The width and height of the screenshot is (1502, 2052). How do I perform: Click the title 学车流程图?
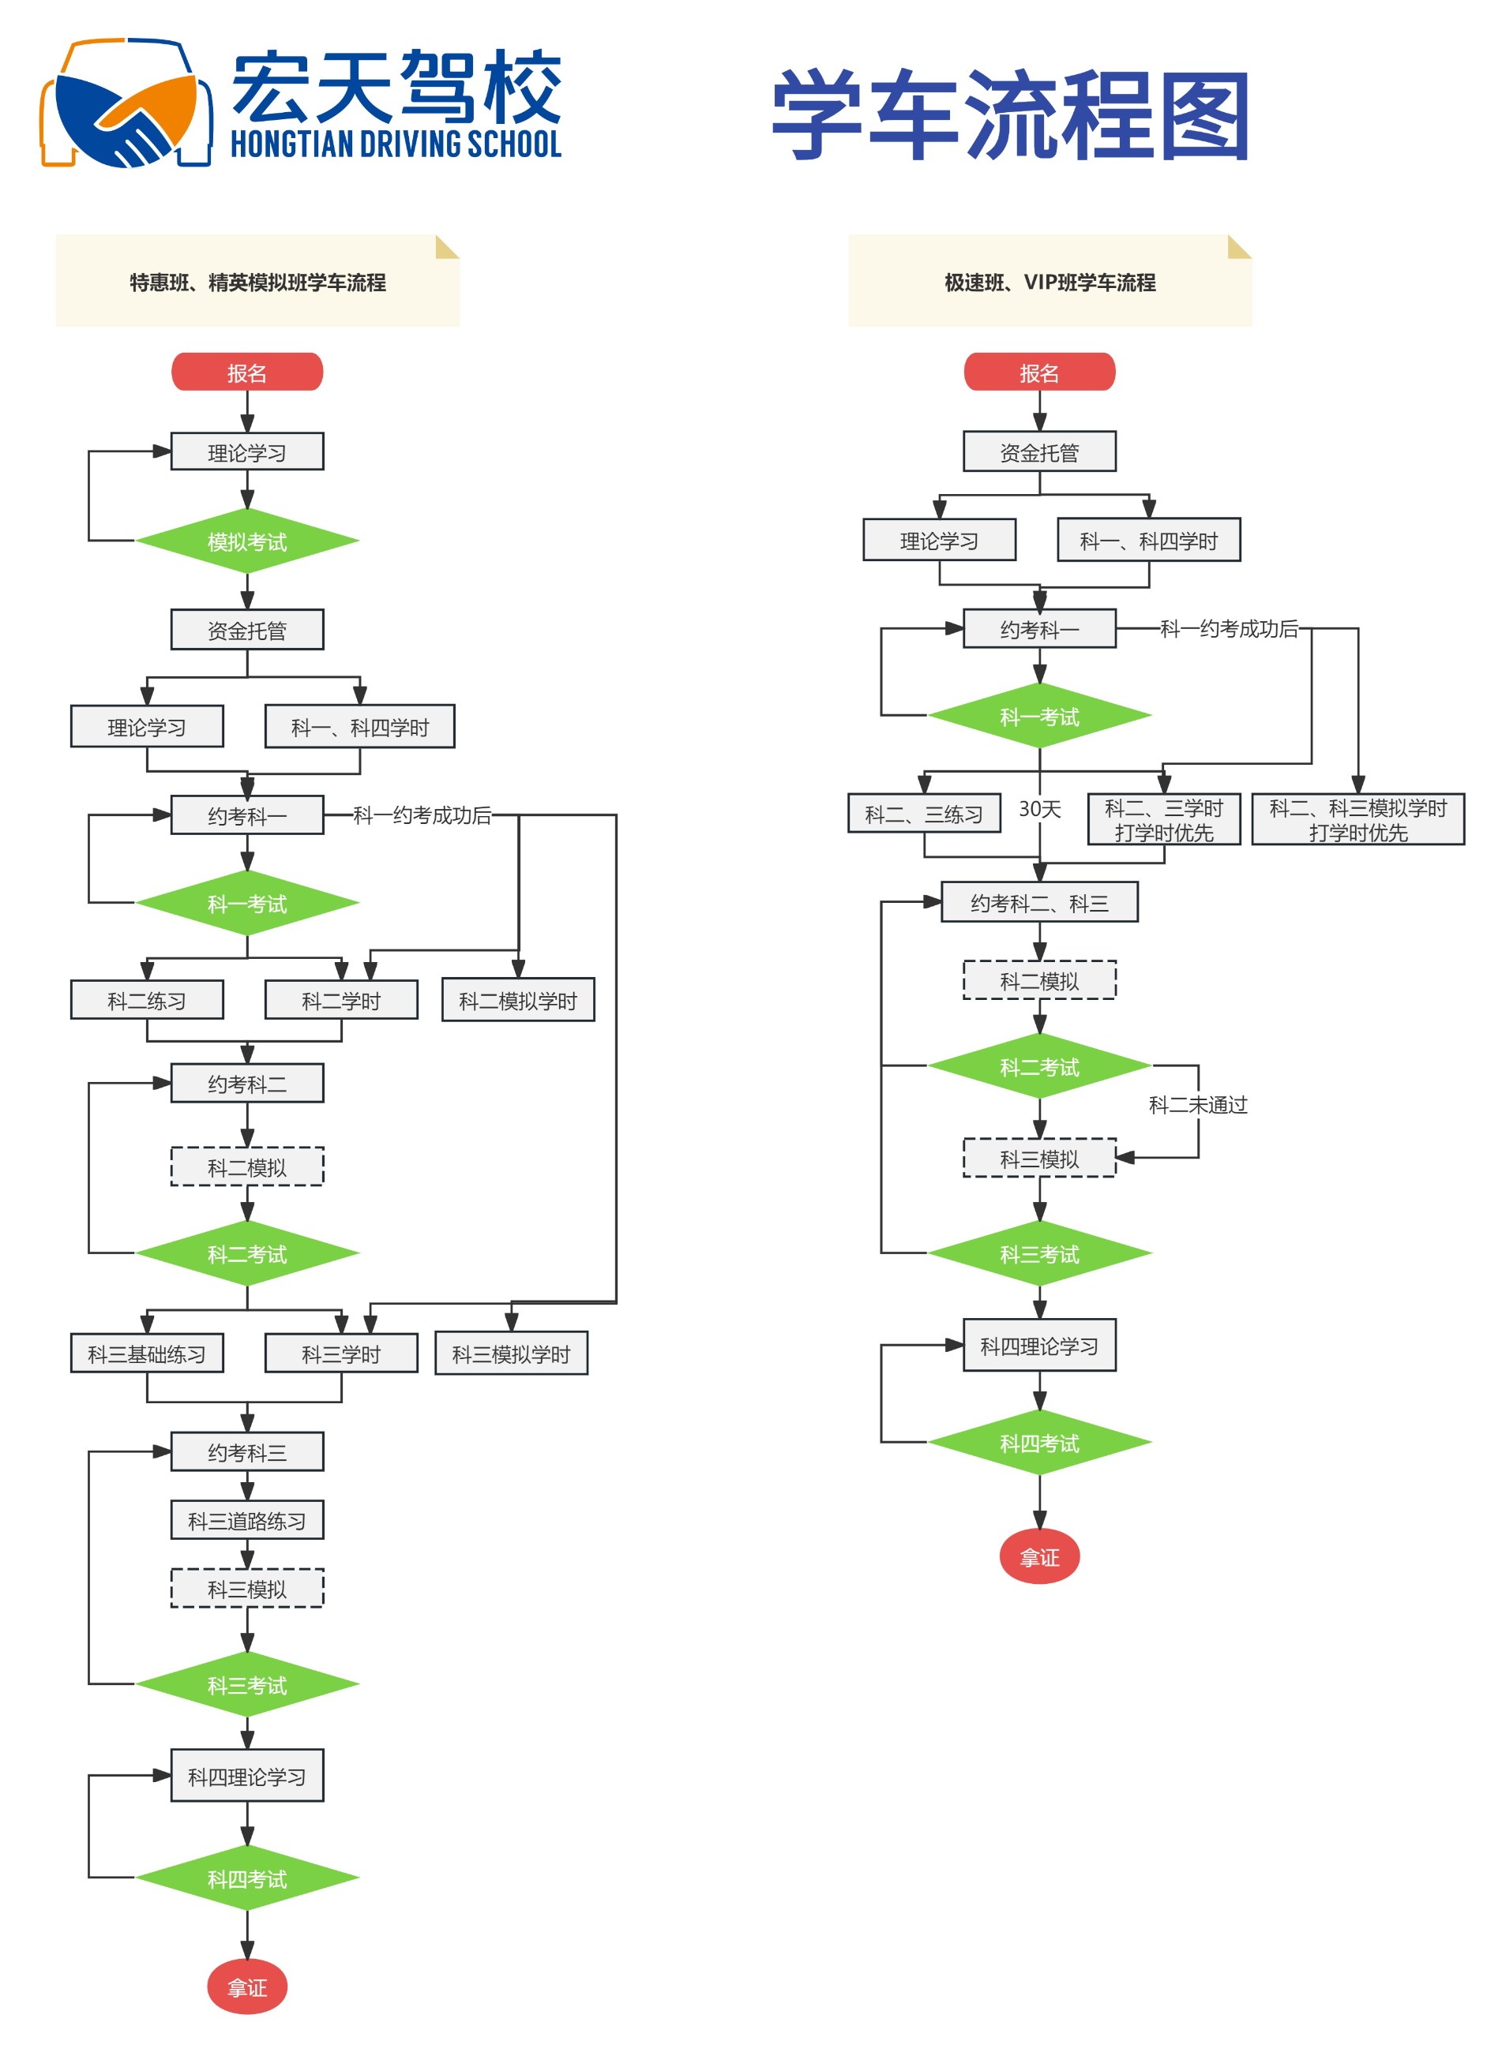1010,116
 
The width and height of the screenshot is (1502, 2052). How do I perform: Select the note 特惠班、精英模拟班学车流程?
257,282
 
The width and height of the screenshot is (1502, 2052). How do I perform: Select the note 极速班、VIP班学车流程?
1050,282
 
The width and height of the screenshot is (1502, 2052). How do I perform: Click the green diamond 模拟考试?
247,541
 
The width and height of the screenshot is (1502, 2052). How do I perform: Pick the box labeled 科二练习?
146,1000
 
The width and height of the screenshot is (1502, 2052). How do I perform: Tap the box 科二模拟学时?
517,1000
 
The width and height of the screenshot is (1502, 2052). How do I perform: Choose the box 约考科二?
247,1084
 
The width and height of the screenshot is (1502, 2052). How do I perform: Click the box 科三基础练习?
146,1354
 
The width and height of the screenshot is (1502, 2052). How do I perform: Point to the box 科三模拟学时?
511,1354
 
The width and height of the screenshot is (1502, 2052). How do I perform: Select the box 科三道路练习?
247,1519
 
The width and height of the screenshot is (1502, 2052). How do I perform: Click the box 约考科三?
247,1451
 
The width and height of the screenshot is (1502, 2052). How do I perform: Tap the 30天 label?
1039,808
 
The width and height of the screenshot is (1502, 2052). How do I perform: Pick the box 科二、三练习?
924,814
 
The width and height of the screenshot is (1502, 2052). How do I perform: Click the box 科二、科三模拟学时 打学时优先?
1357,820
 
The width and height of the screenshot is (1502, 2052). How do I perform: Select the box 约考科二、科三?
1039,902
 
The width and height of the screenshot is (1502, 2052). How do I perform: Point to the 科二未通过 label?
1197,1104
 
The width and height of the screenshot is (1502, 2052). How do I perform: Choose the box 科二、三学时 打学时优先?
1164,820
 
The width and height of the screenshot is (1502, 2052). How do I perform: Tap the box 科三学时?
341,1354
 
